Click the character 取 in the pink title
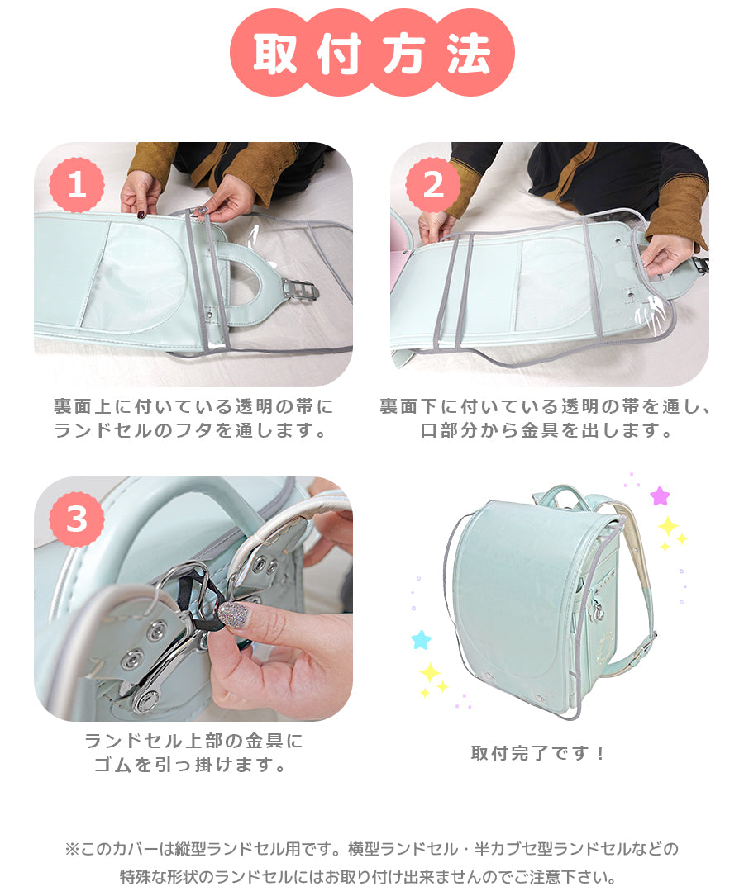tap(275, 53)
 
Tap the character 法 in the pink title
tap(469, 53)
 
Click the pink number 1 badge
tap(77, 185)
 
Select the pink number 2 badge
tap(433, 185)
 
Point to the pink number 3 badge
tap(77, 519)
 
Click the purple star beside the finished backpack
tap(660, 495)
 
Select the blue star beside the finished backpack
tap(421, 639)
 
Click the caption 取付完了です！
tap(537, 752)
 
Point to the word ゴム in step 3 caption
tap(112, 764)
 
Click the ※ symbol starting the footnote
tap(71, 849)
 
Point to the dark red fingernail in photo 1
tap(141, 214)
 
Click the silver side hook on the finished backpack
tap(597, 611)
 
